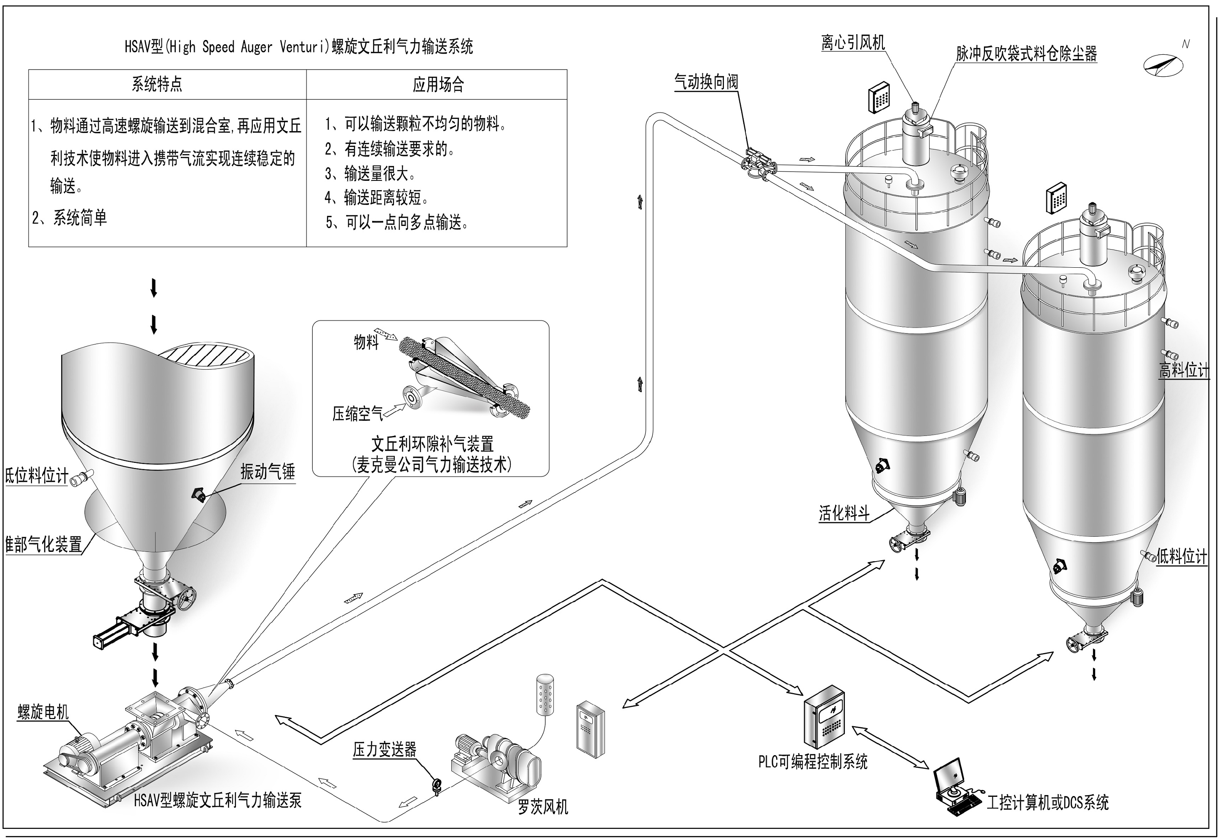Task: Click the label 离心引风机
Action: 853,43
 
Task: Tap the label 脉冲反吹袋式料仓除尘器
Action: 1026,54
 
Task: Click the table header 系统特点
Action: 157,84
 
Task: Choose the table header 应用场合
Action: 438,85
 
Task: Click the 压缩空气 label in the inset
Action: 358,414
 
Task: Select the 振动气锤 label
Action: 268,472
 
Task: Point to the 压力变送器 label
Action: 384,750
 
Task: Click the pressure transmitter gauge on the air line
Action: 436,786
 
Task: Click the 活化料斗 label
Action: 844,513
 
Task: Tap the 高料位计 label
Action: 1184,371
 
